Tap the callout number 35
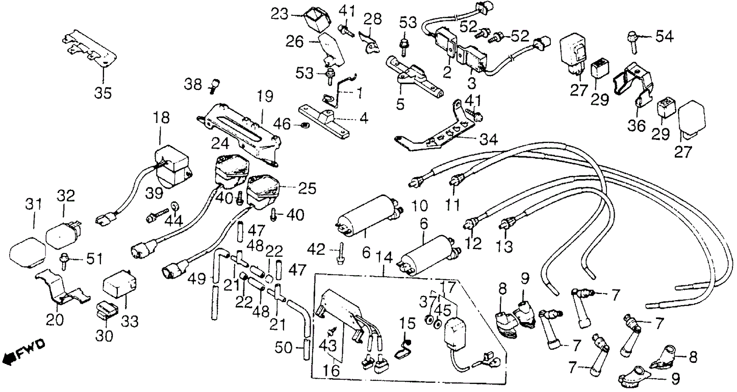[103, 93]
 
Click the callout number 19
[265, 96]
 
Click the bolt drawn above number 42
[339, 254]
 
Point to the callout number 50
[284, 348]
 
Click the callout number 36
[637, 125]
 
